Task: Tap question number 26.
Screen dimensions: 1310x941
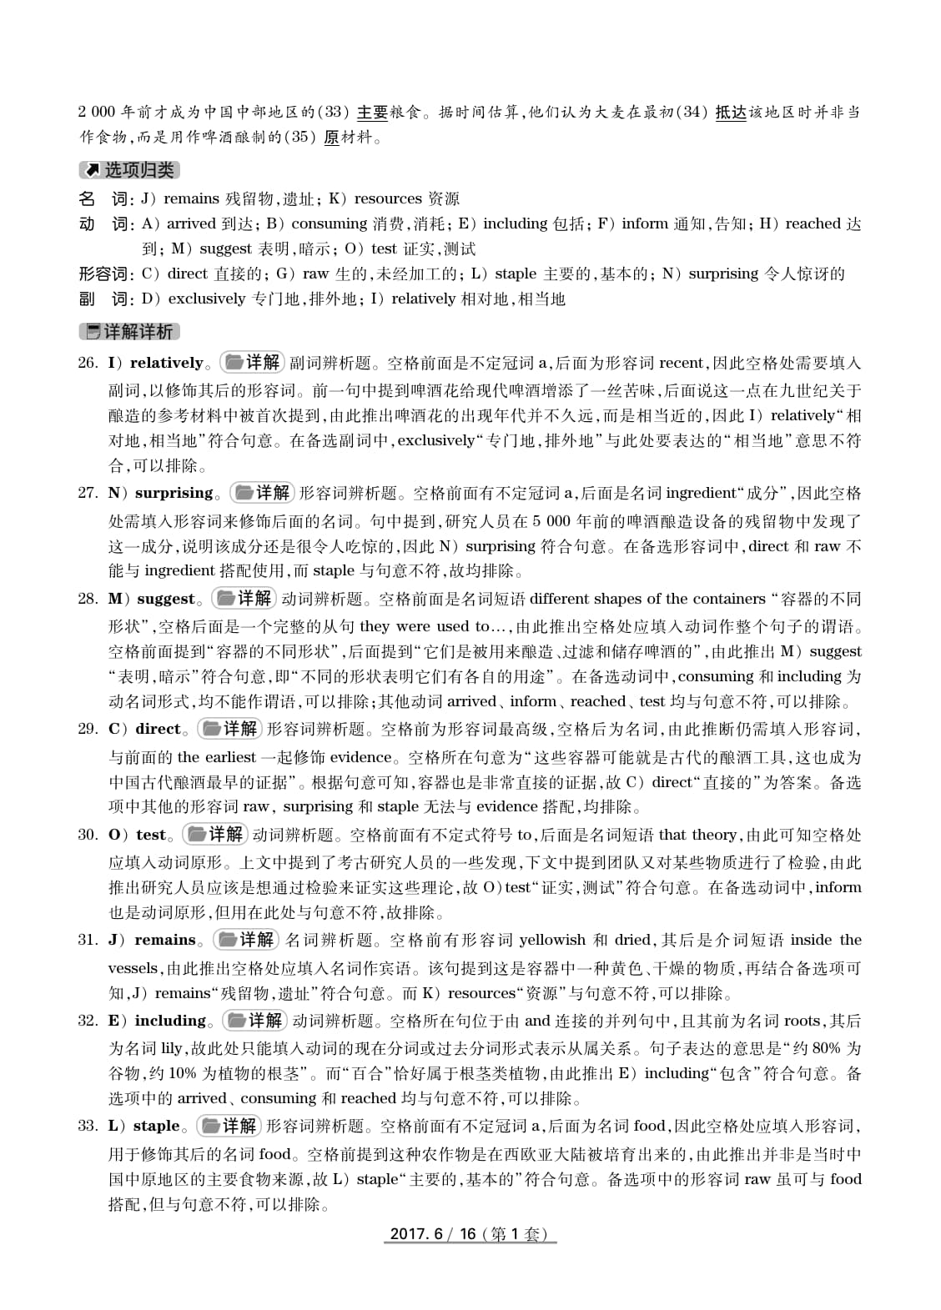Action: click(88, 363)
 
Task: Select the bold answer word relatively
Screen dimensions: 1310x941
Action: click(166, 363)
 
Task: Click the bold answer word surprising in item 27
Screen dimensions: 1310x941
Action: click(174, 493)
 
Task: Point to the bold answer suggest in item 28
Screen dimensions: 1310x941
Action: click(165, 599)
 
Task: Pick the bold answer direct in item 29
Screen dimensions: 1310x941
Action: click(158, 729)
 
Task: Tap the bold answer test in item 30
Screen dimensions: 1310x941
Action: click(151, 835)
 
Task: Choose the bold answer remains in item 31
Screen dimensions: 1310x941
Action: click(164, 940)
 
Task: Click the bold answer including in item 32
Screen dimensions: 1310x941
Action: click(170, 1021)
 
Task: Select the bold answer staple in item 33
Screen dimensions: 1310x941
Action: click(157, 1126)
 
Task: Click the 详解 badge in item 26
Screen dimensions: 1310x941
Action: click(252, 363)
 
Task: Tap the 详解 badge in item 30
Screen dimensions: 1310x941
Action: click(214, 835)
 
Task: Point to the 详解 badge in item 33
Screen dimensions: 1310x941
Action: click(229, 1126)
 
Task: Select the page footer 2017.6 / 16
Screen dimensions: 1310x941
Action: click(469, 1234)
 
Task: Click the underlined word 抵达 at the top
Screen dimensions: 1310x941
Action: click(731, 113)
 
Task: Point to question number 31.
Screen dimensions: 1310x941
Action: click(88, 940)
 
